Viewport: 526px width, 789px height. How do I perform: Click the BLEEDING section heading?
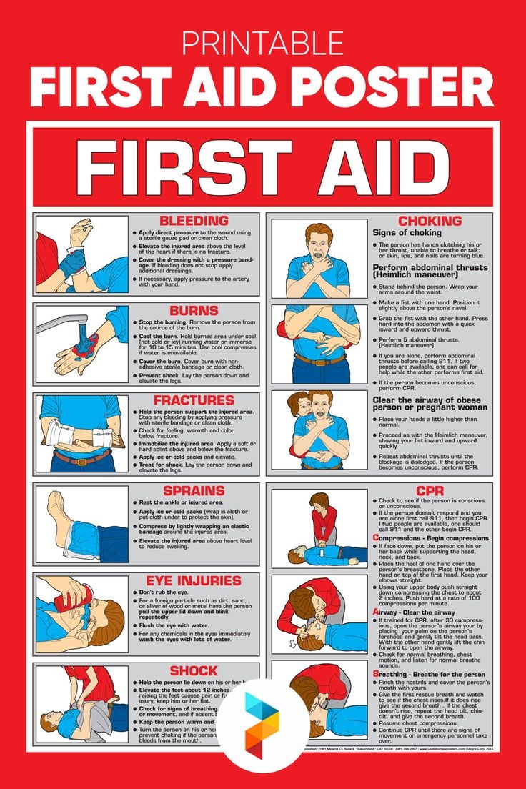[194, 221]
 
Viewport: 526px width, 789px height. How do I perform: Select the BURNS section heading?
[194, 311]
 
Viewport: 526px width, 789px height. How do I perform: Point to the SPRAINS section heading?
[194, 491]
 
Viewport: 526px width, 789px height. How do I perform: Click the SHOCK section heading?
[194, 671]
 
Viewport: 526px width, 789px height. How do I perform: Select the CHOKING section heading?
[430, 221]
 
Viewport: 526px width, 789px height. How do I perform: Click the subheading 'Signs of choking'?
[407, 233]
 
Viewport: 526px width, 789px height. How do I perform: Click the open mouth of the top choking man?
[314, 252]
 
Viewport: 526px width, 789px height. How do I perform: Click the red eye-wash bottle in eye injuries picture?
[84, 596]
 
